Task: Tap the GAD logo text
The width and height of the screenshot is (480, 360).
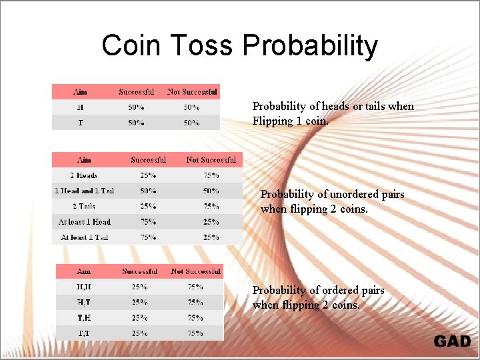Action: pos(452,341)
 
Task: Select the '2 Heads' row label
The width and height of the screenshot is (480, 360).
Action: pos(84,175)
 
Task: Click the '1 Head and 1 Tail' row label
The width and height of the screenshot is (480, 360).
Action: pos(84,191)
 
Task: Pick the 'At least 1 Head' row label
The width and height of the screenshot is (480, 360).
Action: pos(84,222)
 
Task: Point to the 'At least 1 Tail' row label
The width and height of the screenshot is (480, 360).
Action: pos(84,237)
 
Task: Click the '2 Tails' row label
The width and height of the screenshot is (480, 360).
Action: pos(84,207)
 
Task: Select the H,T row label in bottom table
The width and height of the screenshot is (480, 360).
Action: pos(84,303)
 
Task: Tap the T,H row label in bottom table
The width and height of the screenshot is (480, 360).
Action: pos(84,318)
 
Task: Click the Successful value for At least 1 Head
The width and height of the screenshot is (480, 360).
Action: pos(148,222)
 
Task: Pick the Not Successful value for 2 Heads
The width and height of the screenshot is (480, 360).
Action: pos(211,175)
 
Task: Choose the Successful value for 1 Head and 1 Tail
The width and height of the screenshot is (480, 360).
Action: pos(148,191)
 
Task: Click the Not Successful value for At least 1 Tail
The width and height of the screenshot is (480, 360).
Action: pos(211,237)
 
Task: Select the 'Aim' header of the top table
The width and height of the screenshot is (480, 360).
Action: pos(80,92)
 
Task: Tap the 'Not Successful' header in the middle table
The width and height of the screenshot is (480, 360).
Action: pos(211,160)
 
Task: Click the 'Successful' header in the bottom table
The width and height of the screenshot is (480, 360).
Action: pos(140,271)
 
